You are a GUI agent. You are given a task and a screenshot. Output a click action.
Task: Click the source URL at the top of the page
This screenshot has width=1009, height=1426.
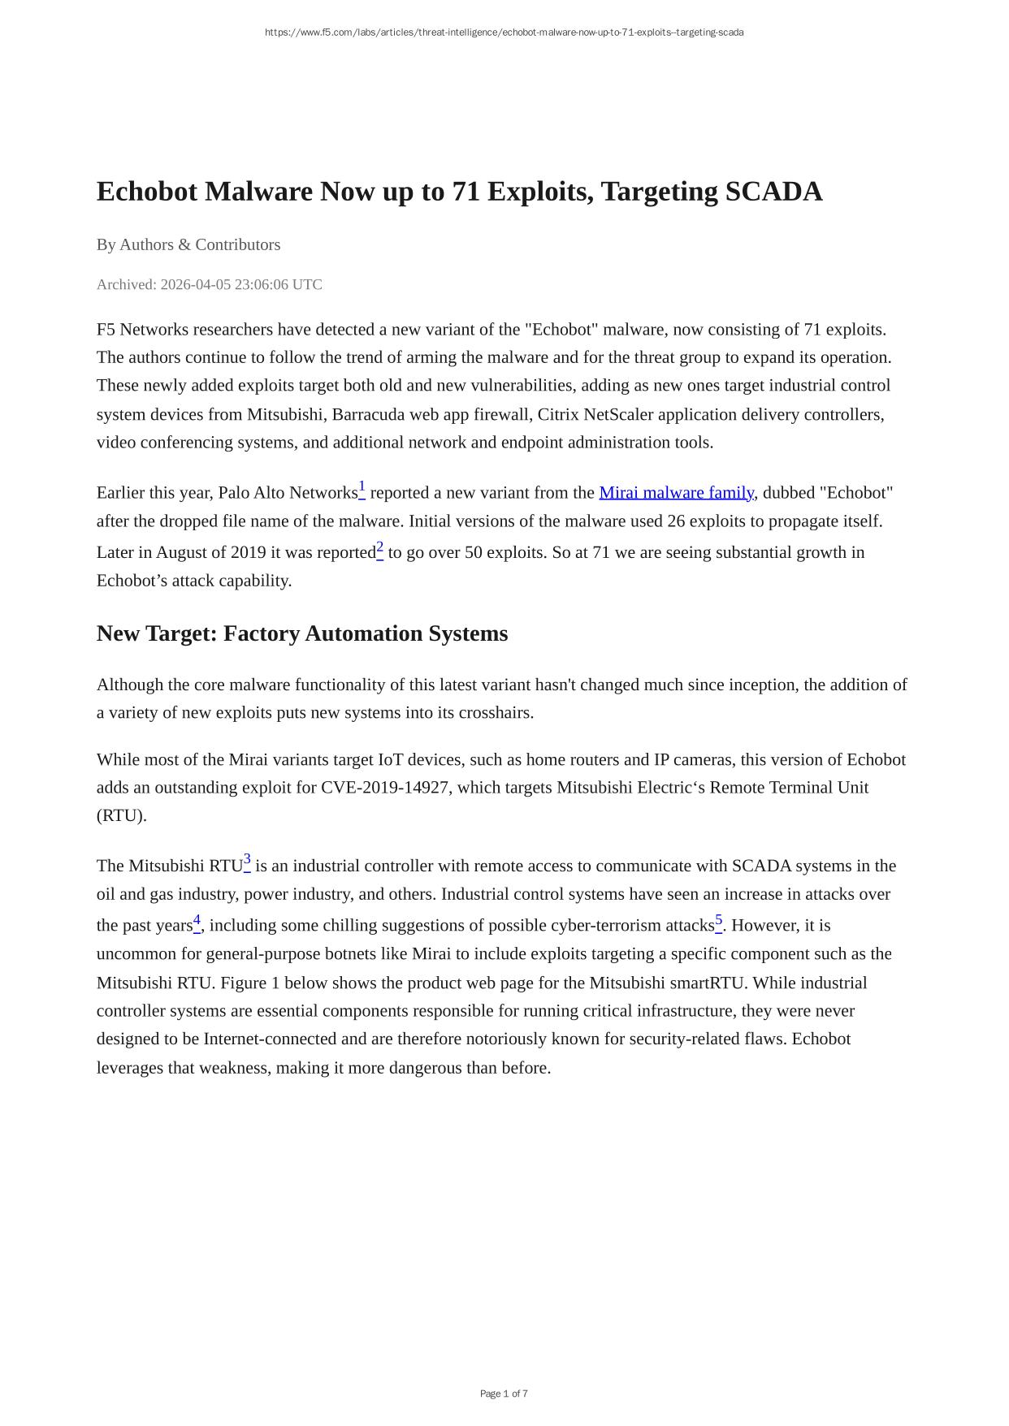coord(504,32)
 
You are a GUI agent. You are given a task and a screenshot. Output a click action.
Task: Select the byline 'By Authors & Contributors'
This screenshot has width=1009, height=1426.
coord(188,244)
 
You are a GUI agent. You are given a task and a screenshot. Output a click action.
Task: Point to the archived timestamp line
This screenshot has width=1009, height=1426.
coord(210,284)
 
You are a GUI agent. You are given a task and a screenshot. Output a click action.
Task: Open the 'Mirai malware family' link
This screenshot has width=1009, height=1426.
coord(676,493)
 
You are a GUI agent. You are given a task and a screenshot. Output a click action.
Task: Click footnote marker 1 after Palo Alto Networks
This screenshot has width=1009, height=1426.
coord(362,487)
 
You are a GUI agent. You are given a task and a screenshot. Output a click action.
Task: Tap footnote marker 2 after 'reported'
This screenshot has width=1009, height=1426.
coord(380,547)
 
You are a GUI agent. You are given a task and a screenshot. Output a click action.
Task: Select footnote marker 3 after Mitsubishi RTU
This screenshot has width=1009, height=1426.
coord(247,860)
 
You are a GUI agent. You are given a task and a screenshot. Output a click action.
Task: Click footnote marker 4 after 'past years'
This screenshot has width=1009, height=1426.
coord(197,920)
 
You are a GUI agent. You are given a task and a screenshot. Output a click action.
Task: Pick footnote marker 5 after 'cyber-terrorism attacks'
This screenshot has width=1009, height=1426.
coord(719,920)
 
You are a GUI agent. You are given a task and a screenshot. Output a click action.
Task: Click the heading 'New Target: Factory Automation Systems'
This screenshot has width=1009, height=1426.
coord(302,633)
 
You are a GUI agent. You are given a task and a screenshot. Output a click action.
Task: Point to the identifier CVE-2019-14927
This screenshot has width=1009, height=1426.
coord(385,788)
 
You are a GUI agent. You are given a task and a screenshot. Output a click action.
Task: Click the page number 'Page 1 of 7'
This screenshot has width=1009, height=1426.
coord(504,1394)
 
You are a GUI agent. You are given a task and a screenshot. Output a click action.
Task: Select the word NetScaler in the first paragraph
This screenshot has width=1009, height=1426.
coord(618,414)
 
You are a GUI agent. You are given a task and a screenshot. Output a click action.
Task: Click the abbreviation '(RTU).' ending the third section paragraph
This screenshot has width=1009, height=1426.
coord(122,816)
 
